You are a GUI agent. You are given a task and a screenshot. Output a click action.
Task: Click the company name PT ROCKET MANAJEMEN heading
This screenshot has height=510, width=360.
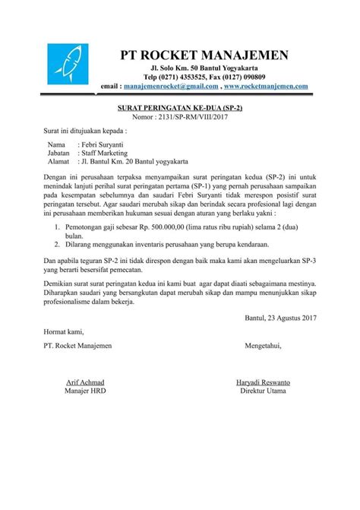coord(205,55)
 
